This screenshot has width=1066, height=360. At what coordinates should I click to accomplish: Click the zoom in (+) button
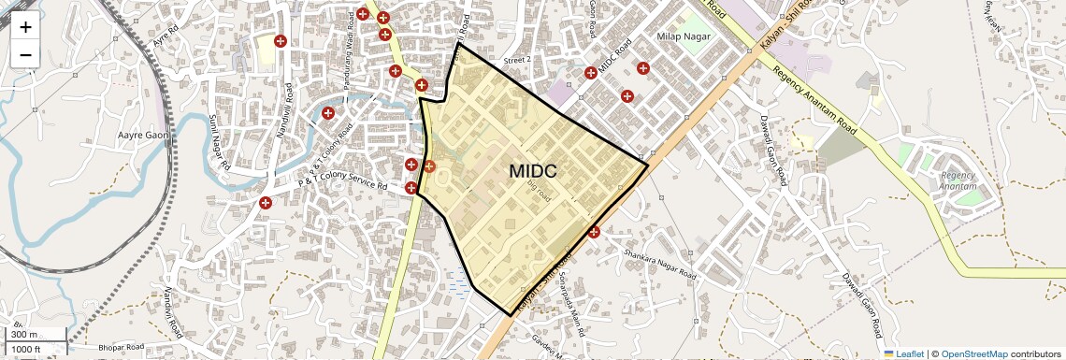point(25,26)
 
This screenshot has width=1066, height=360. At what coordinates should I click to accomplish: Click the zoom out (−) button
point(25,54)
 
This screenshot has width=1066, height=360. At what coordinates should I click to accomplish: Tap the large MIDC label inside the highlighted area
point(533,172)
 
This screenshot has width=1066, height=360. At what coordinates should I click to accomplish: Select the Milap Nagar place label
point(684,36)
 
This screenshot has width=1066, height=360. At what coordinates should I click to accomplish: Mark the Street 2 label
point(517,60)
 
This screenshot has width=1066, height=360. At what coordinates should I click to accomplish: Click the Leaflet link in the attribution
point(905,353)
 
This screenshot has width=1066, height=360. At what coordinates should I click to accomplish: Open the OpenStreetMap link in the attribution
point(974,353)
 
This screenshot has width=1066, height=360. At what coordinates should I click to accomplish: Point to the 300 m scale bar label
point(25,335)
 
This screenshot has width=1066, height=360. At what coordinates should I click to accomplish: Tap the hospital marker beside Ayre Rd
point(280,41)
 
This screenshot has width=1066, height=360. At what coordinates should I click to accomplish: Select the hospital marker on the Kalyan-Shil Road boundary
point(593,232)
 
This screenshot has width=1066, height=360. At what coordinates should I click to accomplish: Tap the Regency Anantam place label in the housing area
point(958,180)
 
